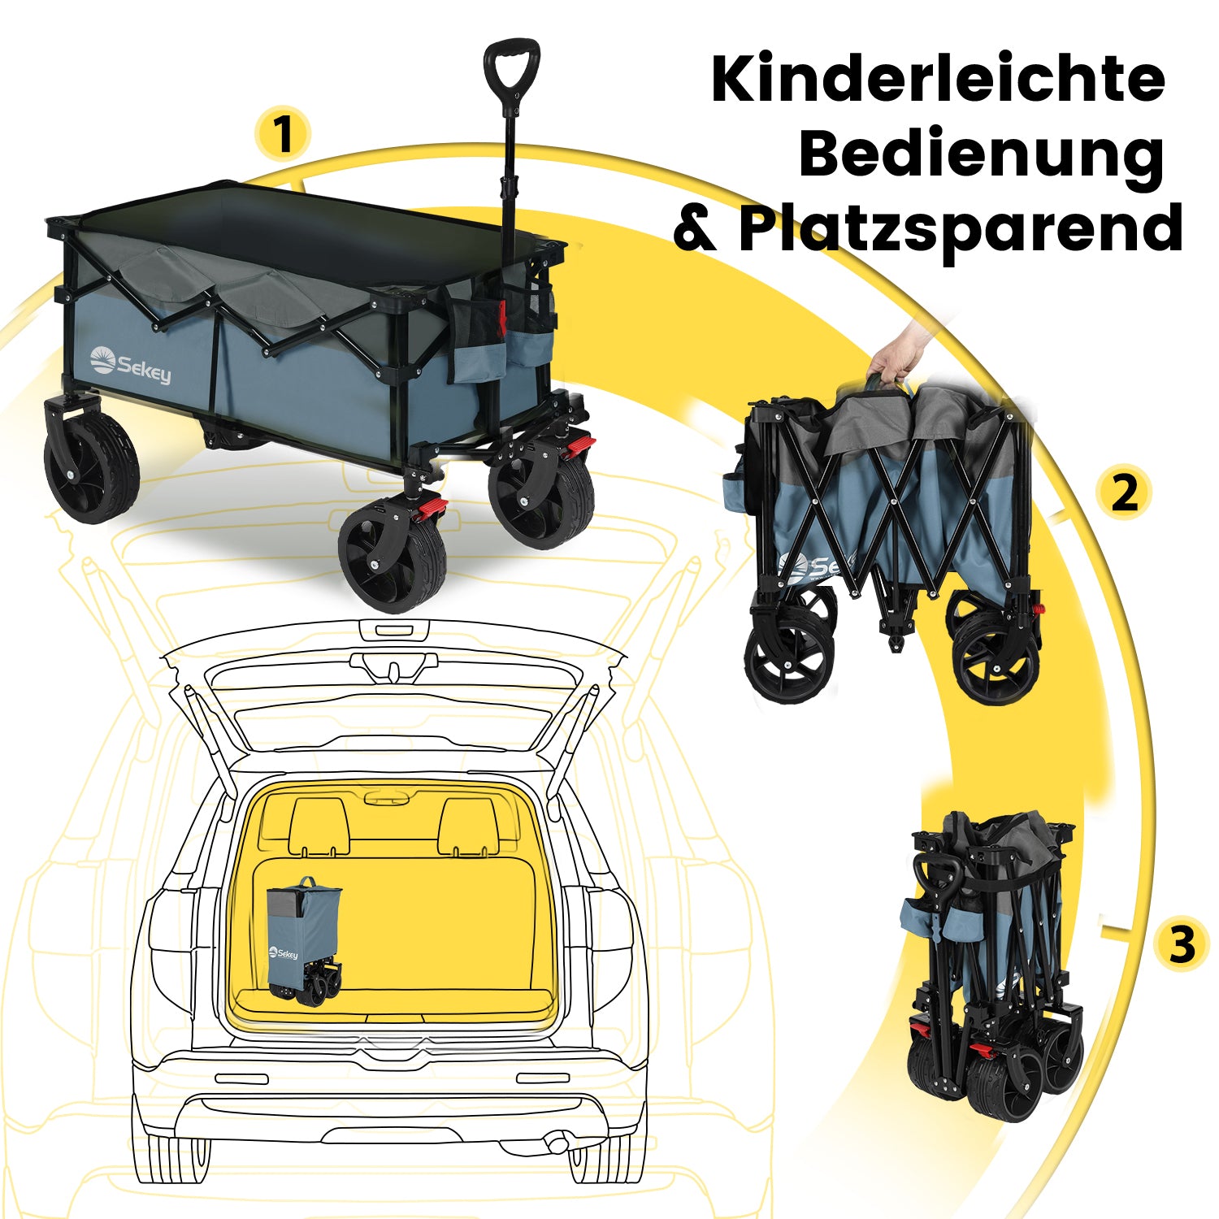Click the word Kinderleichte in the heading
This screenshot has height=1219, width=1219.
click(938, 79)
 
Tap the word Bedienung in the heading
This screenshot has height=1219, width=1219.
click(982, 155)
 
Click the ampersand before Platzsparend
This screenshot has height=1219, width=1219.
click(696, 229)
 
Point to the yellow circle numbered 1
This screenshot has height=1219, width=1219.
click(282, 134)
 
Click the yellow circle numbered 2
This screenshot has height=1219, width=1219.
click(1124, 492)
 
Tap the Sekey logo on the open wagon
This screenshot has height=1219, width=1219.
click(130, 365)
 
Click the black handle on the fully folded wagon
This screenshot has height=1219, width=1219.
click(939, 883)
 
